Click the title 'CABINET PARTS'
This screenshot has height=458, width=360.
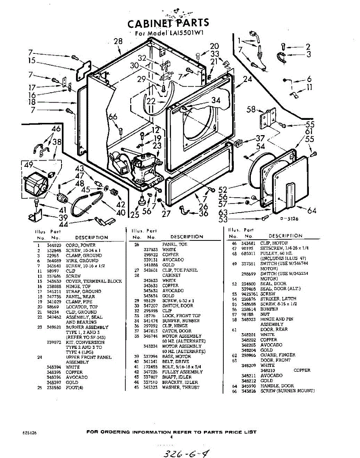pos(168,23)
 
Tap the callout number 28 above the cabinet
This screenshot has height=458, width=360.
pos(118,42)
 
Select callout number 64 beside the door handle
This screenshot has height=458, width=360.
pos(312,210)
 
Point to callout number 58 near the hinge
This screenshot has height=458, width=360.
pos(251,110)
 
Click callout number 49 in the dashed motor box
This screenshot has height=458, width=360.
pos(29,165)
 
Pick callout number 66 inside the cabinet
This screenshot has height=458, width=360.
pos(113,117)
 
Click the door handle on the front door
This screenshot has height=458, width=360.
pos(290,194)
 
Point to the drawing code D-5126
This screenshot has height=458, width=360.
pos(289,219)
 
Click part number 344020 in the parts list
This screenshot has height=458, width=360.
pos(52,245)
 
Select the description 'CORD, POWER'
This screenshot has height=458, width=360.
pos(81,245)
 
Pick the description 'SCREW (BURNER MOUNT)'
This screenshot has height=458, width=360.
pos(287,391)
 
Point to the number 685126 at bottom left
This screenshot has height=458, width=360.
pos(29,433)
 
